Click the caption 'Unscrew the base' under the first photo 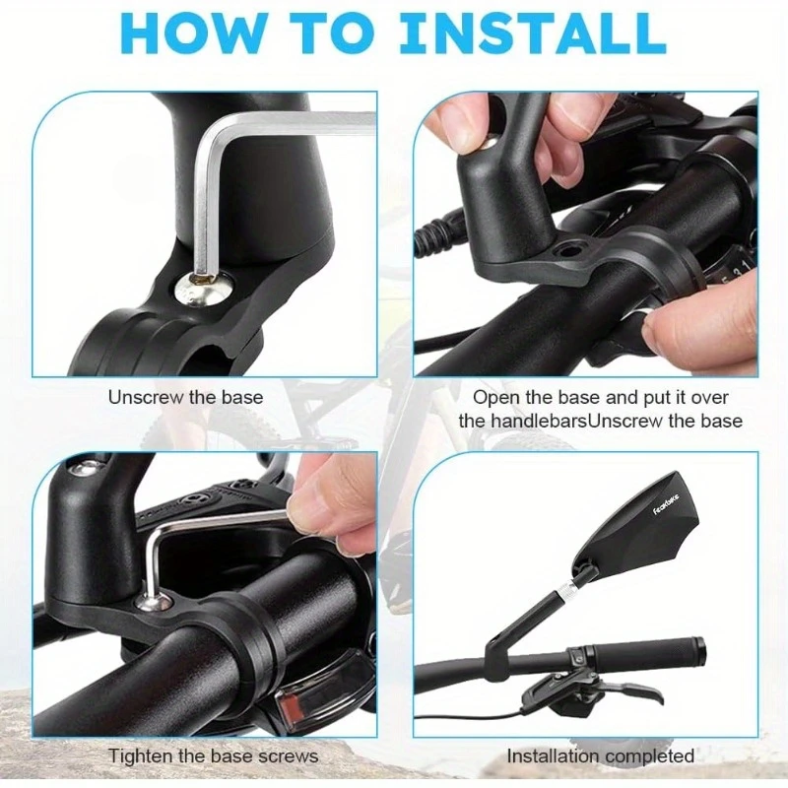(185, 398)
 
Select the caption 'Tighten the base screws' (214, 755)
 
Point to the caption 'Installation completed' (600, 755)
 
